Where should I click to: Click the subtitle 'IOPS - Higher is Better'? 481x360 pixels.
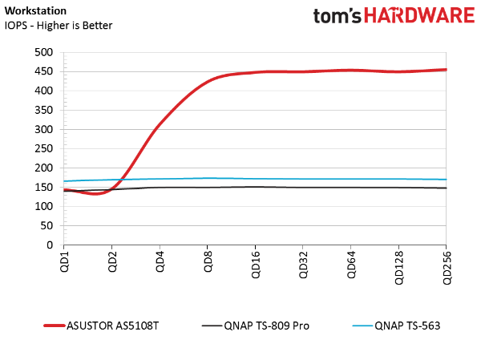pos(59,25)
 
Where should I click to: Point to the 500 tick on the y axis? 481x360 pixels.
pos(44,52)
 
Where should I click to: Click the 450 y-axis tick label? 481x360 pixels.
pos(44,71)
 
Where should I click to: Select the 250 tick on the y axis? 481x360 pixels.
pos(44,148)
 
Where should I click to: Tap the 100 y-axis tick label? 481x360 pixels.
pos(44,206)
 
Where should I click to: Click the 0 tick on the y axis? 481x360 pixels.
pos(51,245)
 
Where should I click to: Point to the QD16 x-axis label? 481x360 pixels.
pos(255,265)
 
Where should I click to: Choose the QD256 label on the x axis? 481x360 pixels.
pos(445,267)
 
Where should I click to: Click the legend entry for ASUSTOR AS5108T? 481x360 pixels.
pos(113,326)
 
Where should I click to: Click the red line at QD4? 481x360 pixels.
pos(160,125)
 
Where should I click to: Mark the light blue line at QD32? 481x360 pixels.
pos(302,179)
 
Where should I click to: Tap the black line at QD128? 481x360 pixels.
pos(398,188)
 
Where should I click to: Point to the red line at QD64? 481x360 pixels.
pos(350,71)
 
